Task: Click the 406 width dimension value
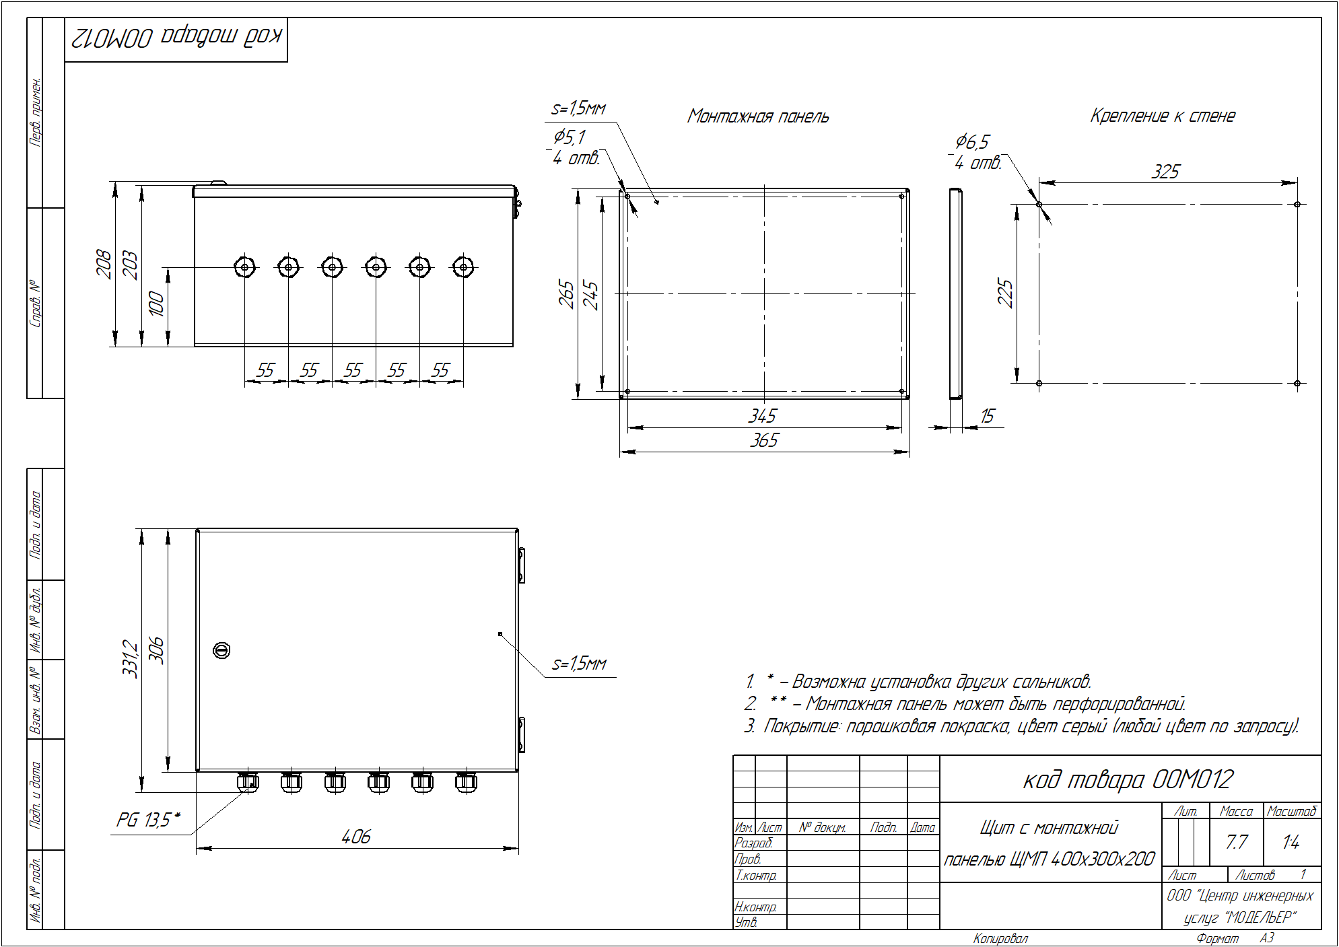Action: point(356,837)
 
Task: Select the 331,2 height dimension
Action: point(130,659)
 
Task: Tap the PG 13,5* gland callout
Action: point(149,820)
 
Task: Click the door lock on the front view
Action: point(221,650)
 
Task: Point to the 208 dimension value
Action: point(104,263)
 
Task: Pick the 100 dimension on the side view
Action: point(156,304)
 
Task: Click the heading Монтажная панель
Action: point(758,116)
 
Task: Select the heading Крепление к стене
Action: point(1163,116)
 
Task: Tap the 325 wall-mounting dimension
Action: point(1165,172)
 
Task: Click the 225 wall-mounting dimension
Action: point(1005,293)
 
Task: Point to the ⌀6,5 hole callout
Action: point(972,141)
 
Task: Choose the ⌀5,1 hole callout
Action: point(570,137)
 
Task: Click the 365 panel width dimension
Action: point(764,440)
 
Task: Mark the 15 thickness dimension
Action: point(987,416)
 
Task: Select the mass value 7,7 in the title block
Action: point(1237,842)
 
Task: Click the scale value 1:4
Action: point(1291,842)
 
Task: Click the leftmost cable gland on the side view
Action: point(244,267)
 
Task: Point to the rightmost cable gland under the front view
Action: point(466,782)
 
